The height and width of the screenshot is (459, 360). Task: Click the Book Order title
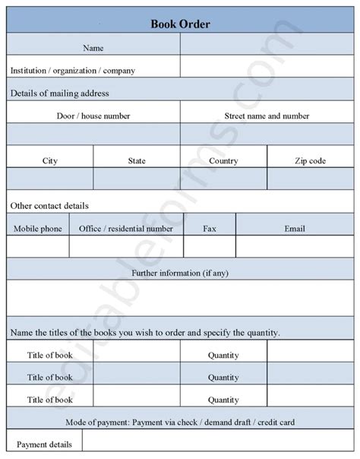180,24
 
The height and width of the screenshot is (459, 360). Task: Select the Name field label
93,48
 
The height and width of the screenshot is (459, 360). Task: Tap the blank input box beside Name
267,48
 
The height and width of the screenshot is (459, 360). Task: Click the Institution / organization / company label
73,71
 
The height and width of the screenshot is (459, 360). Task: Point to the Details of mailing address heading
60,93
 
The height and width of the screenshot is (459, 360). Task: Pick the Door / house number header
93,116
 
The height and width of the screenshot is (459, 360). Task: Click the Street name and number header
267,116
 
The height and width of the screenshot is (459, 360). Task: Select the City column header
50,161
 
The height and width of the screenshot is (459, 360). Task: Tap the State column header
137,161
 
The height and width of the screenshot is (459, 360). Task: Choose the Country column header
223,161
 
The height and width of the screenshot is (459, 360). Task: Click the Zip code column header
310,161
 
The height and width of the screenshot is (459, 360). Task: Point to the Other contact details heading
49,206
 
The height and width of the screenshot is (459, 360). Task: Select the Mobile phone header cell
38,228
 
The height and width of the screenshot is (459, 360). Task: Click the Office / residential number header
126,228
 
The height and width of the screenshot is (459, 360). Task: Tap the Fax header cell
210,228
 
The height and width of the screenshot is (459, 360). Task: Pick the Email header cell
295,228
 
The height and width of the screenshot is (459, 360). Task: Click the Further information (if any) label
180,272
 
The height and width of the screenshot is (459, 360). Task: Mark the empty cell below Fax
210,248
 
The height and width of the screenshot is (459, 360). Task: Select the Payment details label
44,445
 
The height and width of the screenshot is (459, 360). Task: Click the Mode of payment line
180,422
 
